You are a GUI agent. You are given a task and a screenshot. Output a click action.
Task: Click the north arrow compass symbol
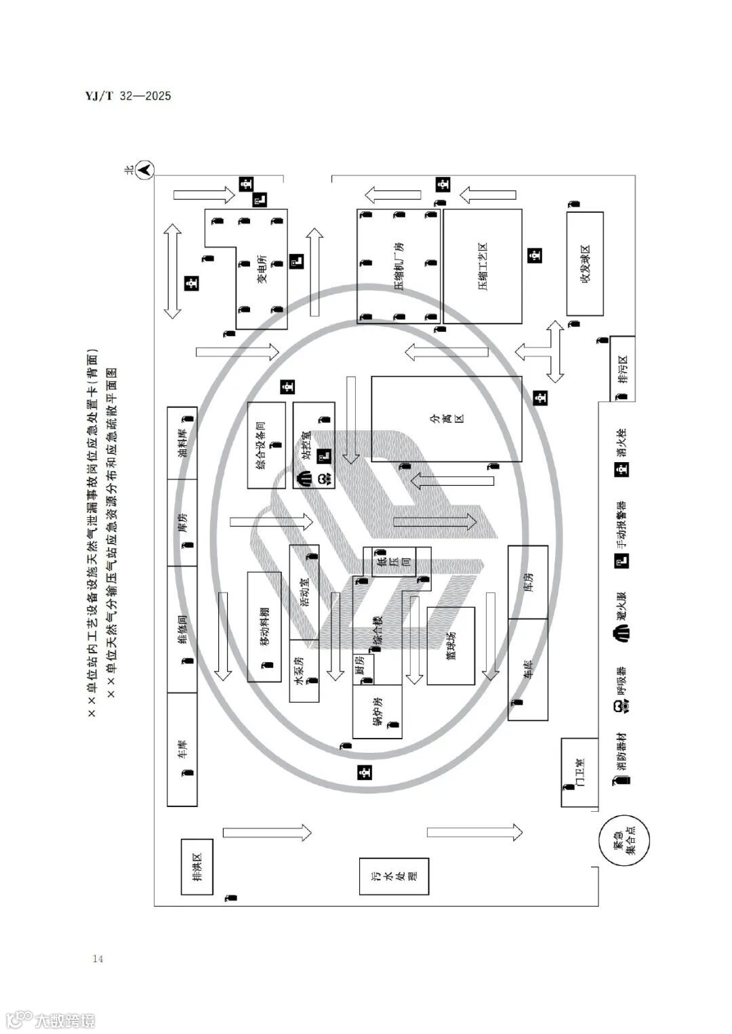click(146, 169)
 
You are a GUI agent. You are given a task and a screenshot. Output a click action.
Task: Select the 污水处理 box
click(394, 876)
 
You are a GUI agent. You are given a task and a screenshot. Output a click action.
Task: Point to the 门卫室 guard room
click(579, 772)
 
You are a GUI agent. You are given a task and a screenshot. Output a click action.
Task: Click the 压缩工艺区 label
click(483, 266)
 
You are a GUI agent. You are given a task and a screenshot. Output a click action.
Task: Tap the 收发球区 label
click(585, 264)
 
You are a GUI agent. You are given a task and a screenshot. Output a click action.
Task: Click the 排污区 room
click(623, 369)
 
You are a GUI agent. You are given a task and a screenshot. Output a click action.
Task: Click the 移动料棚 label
click(264, 627)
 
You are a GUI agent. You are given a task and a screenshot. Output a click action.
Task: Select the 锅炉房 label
click(378, 711)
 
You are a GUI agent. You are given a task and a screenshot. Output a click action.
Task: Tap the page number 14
click(98, 958)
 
